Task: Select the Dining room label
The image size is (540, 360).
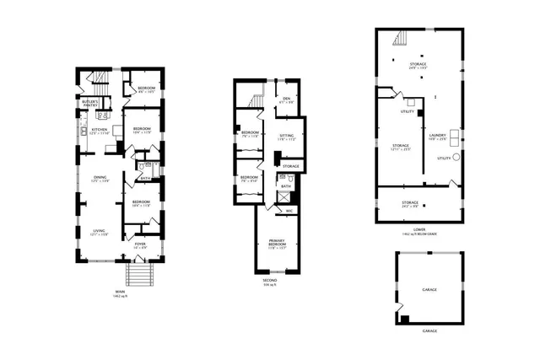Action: click(x=100, y=177)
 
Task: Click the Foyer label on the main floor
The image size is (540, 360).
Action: click(x=140, y=244)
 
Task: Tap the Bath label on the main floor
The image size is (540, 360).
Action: click(x=145, y=178)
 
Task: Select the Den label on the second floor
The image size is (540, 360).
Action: click(x=287, y=98)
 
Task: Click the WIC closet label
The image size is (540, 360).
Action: click(x=289, y=211)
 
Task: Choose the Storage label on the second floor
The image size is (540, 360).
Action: click(x=291, y=166)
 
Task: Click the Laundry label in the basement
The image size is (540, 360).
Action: click(x=436, y=135)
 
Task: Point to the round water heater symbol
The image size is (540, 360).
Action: click(x=456, y=158)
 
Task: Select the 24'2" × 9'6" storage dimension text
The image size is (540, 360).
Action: click(x=411, y=207)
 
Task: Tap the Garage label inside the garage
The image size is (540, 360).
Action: click(x=429, y=288)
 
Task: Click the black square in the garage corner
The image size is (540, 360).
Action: click(x=403, y=319)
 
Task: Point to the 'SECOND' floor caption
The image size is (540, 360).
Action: click(x=269, y=280)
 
